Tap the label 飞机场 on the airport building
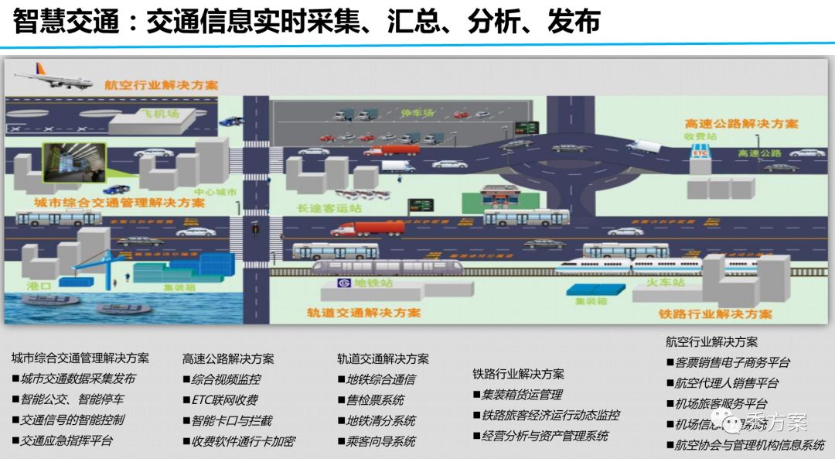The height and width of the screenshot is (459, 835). (160, 114)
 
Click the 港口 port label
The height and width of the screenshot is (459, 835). (39, 286)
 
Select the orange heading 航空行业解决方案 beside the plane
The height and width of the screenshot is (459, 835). (162, 84)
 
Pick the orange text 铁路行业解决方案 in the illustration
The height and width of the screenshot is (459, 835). (715, 313)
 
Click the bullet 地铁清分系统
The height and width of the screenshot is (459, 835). (380, 420)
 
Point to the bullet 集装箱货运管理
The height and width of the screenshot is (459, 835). (522, 395)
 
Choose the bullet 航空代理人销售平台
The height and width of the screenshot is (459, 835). (727, 382)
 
